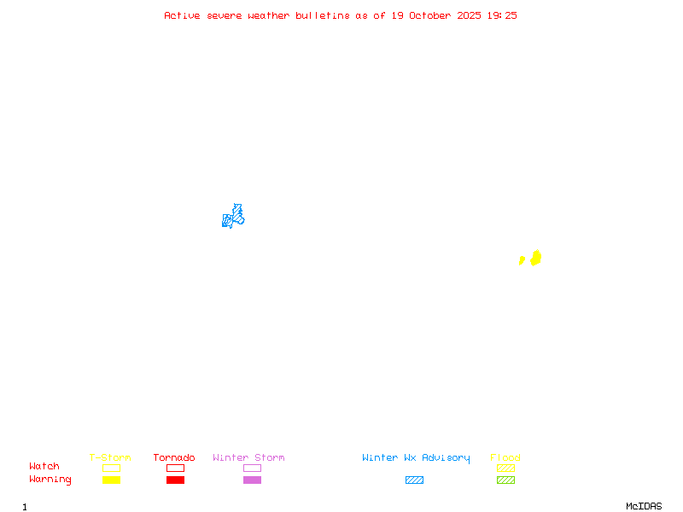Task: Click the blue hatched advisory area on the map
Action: (x=233, y=217)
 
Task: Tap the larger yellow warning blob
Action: (x=536, y=258)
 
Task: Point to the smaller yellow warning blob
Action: (x=522, y=260)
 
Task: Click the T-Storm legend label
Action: (x=110, y=458)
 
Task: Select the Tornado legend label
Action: (x=174, y=458)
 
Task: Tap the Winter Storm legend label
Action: (x=248, y=458)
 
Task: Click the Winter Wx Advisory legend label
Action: (x=416, y=458)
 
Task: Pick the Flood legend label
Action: (x=505, y=458)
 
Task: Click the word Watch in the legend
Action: (x=44, y=467)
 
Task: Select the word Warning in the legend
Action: (x=50, y=480)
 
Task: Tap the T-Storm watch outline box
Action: (x=111, y=468)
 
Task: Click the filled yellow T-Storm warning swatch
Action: (x=111, y=480)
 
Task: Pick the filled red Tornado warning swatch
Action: (x=175, y=480)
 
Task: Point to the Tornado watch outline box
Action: (x=175, y=468)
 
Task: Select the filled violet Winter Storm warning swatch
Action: (x=252, y=480)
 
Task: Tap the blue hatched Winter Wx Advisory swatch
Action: (x=414, y=480)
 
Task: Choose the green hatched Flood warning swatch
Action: (x=505, y=480)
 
